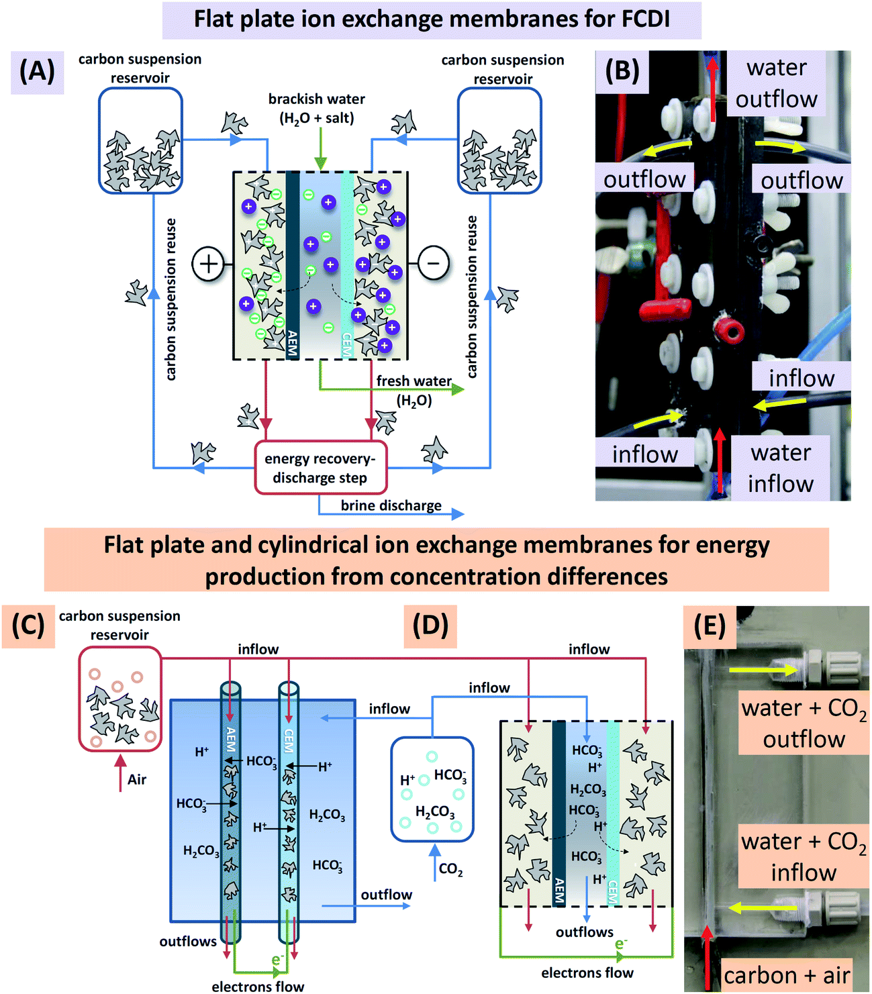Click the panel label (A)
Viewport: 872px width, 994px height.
click(37, 70)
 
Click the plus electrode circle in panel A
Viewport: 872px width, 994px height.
click(208, 263)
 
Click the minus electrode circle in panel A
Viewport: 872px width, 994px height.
click(434, 263)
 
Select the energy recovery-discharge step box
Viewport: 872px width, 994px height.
click(321, 468)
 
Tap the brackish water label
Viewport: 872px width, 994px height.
click(316, 108)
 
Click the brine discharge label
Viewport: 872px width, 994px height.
click(391, 505)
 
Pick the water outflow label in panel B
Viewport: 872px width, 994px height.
click(776, 83)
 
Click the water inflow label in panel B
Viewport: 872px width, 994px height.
click(781, 468)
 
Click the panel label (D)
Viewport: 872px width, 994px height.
click(430, 625)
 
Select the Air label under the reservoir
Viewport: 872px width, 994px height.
click(137, 779)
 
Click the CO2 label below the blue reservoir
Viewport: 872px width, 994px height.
click(450, 870)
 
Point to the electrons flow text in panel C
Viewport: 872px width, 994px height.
click(258, 986)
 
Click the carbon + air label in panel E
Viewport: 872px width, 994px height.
click(786, 975)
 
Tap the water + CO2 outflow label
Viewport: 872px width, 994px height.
click(804, 724)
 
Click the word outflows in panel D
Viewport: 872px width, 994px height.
click(584, 932)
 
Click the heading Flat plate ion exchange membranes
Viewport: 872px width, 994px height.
click(432, 19)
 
